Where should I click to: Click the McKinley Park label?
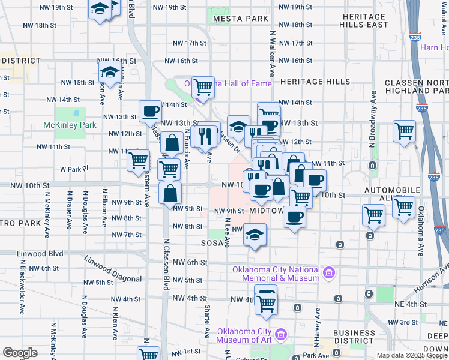[x=70, y=125]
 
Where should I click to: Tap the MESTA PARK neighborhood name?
[x=240, y=19]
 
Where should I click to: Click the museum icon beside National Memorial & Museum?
[x=328, y=274]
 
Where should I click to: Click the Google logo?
[x=20, y=353]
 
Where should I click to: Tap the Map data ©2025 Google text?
[x=412, y=355]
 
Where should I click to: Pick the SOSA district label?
[x=212, y=243]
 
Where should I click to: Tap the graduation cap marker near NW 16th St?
[x=110, y=73]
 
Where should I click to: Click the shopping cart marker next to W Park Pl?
[x=139, y=160]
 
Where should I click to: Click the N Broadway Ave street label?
[x=372, y=120]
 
